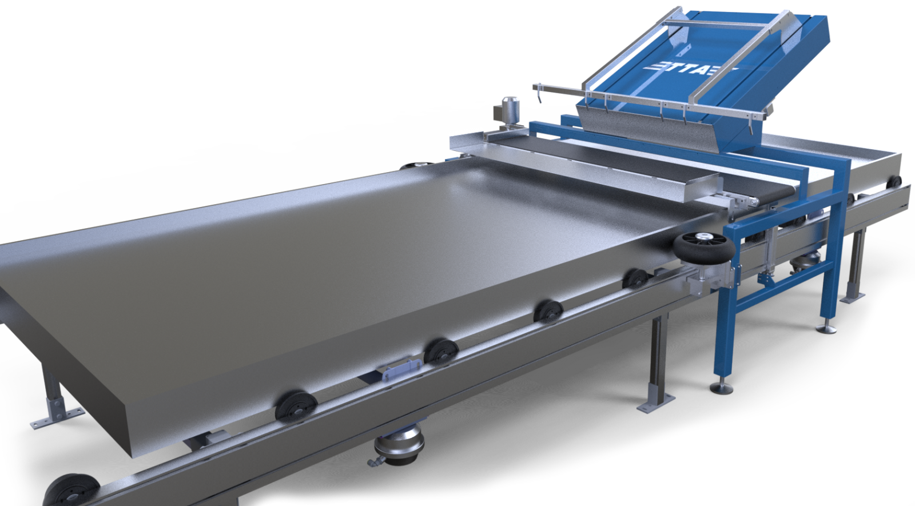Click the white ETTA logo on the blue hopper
click(690, 69)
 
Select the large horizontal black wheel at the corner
click(704, 248)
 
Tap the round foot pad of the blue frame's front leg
click(721, 388)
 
